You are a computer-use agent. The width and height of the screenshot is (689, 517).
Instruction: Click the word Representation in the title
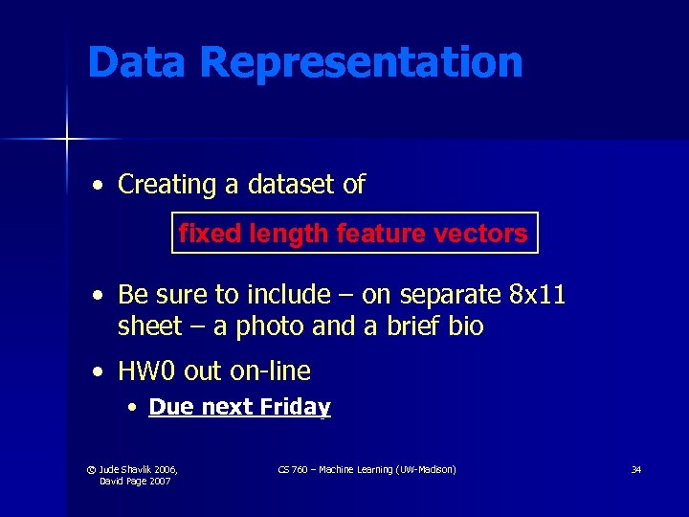coord(362,63)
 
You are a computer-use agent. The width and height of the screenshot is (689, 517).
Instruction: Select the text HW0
coord(144,371)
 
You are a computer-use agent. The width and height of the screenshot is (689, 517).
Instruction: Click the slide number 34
coord(635,470)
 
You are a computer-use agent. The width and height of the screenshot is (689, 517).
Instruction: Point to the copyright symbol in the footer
coord(91,470)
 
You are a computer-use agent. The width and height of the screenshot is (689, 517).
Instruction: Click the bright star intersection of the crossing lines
coord(67,140)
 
